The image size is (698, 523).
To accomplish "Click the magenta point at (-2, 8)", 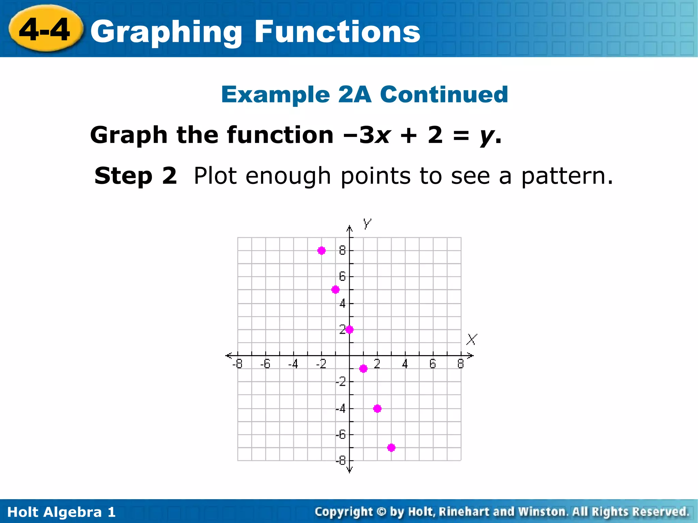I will tap(321, 251).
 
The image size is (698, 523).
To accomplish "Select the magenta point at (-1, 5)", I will tap(335, 290).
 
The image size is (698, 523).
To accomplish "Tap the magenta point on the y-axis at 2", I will tap(349, 330).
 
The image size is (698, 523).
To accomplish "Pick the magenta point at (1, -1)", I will tap(363, 369).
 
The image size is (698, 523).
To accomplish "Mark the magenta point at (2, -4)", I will tap(377, 409).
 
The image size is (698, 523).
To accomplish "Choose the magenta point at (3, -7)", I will tap(391, 448).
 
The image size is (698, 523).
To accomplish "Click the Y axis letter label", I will tap(367, 224).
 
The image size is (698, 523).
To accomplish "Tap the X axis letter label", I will tap(472, 339).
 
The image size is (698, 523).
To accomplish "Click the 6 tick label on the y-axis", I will tap(342, 276).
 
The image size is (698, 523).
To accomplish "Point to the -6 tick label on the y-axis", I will tap(341, 435).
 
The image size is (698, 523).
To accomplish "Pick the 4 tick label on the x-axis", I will tap(405, 364).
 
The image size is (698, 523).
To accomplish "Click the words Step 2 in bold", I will tap(136, 176).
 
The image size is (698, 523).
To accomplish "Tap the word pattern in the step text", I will tap(566, 176).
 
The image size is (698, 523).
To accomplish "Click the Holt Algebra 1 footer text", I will tap(61, 512).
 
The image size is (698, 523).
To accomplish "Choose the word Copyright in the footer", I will tap(344, 512).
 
